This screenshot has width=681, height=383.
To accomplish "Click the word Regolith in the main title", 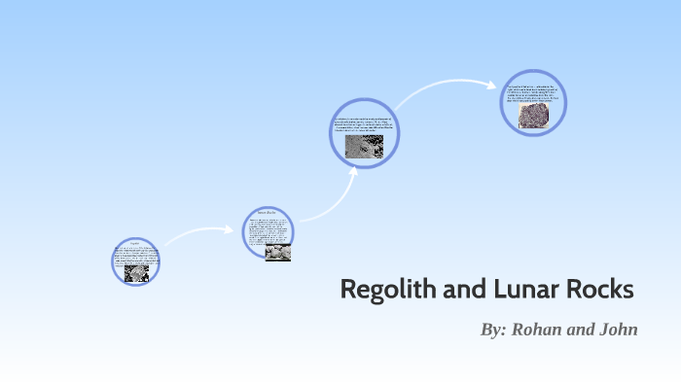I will click(385, 290).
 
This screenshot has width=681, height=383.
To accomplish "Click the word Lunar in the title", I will click(508, 290).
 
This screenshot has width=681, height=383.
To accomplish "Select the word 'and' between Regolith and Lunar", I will click(455, 290).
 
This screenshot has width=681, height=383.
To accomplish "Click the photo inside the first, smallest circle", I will click(136, 273).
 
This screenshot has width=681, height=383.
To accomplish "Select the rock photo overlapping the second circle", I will click(279, 252).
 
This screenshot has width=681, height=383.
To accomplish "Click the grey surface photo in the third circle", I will click(365, 146).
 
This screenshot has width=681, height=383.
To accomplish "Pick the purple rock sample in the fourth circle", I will click(532, 116).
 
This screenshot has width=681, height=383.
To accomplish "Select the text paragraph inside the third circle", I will click(365, 123).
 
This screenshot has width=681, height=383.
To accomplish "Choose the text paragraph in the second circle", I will click(269, 229).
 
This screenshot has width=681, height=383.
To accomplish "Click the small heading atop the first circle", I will click(135, 244).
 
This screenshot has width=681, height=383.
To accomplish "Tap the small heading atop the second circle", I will click(268, 212).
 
